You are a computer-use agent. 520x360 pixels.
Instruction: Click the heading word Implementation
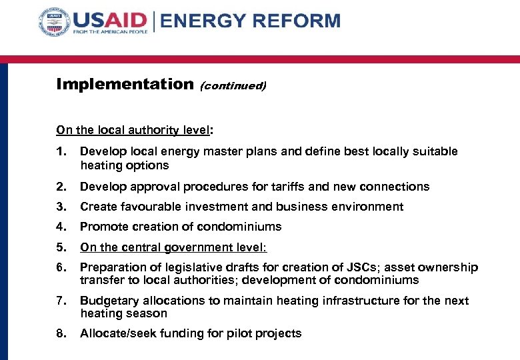(x=124, y=84)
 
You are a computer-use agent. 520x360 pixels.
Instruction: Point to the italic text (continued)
(x=233, y=86)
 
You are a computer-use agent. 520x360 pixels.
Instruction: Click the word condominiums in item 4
(x=242, y=227)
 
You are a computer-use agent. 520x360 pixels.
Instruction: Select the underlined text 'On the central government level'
(x=172, y=247)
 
